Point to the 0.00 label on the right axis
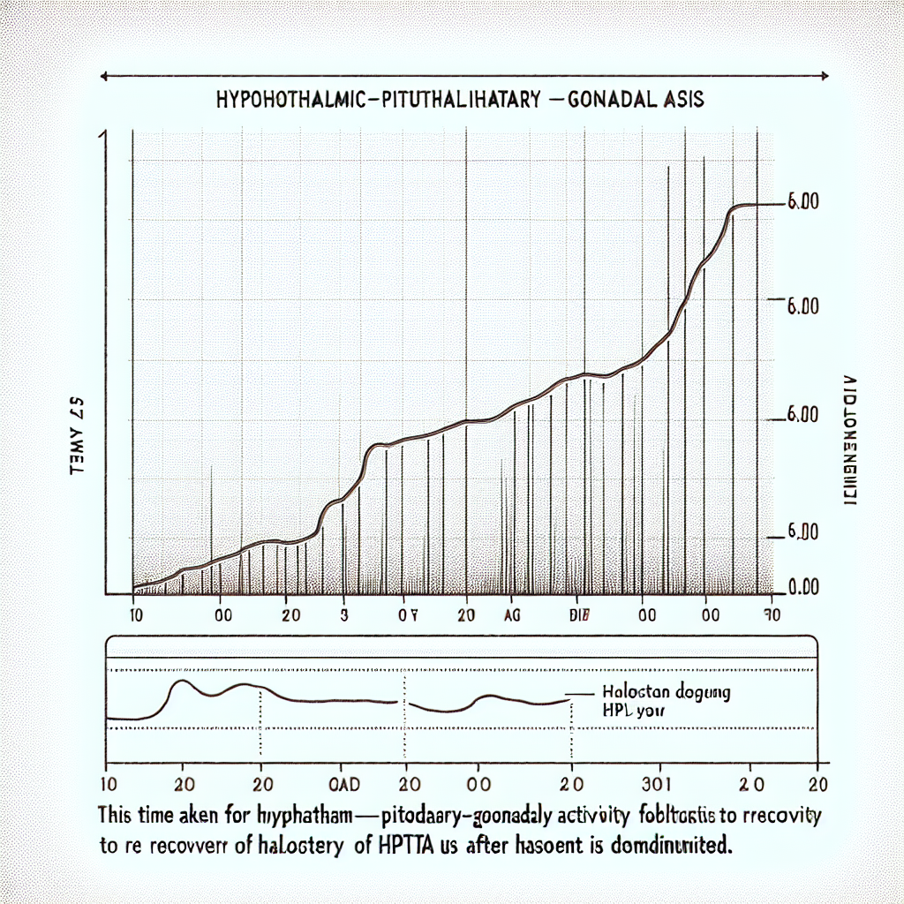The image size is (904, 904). click(802, 588)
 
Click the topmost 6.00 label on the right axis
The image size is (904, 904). click(802, 202)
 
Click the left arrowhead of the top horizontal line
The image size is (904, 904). click(105, 77)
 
